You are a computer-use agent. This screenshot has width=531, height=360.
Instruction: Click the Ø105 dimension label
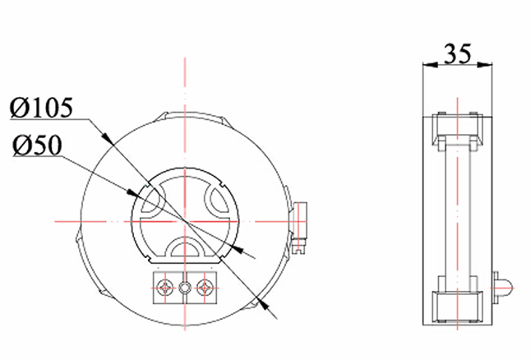[x=41, y=108]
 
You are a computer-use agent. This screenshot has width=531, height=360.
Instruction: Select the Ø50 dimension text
[x=37, y=145]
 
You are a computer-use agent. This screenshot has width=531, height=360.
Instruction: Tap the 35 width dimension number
[x=457, y=53]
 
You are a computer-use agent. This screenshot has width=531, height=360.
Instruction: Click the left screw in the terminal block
[x=165, y=288]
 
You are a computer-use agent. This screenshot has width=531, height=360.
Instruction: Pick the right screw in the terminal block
[x=204, y=288]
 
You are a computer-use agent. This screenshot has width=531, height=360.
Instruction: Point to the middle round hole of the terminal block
[x=185, y=288]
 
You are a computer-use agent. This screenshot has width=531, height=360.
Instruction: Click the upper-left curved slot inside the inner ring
[x=154, y=201]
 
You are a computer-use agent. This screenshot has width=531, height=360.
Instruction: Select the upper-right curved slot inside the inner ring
[x=217, y=201]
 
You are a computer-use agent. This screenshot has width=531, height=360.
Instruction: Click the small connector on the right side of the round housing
[x=300, y=227]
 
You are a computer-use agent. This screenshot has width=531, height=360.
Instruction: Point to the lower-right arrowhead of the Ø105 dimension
[x=262, y=302]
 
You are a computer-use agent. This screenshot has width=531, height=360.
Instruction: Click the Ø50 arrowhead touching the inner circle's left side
[x=133, y=194]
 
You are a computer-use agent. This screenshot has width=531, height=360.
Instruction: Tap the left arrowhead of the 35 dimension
[x=430, y=64]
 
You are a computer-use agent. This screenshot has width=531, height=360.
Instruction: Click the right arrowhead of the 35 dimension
[x=485, y=64]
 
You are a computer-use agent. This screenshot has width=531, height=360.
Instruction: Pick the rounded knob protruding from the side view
[x=502, y=288]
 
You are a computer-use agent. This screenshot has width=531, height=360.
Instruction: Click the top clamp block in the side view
[x=457, y=132]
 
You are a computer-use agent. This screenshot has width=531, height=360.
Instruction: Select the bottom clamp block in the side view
[x=457, y=307]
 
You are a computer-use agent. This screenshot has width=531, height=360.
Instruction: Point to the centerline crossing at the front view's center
[x=185, y=221]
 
